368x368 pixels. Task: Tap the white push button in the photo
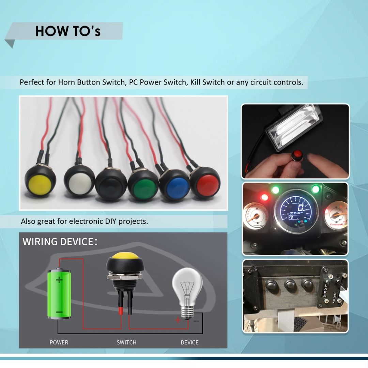click(x=80, y=184)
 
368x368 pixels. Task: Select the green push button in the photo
click(x=143, y=187)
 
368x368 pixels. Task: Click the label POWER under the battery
click(x=59, y=342)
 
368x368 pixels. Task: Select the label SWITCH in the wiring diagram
click(x=126, y=342)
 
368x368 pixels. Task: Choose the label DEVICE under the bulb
click(x=189, y=342)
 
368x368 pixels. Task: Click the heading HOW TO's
click(x=68, y=31)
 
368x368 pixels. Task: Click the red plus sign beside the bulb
click(x=178, y=320)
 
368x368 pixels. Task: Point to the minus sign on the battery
click(x=59, y=312)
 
